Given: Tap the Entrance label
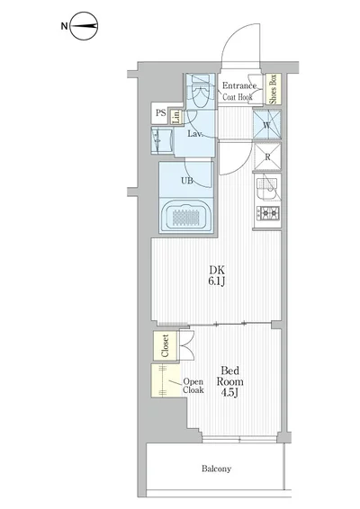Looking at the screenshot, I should [x=239, y=86].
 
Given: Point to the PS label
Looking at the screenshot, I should [x=160, y=113].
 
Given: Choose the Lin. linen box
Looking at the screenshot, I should [x=177, y=116].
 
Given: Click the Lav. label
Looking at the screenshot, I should [x=193, y=134].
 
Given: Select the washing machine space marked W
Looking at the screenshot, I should [x=268, y=125].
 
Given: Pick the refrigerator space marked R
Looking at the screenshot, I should [x=267, y=156].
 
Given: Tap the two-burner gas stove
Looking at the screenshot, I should [x=268, y=213].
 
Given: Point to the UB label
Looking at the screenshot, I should [x=187, y=180].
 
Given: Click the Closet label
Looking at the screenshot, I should [x=166, y=346].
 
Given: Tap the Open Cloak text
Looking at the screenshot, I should [x=193, y=386].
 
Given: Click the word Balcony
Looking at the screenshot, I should [x=216, y=469].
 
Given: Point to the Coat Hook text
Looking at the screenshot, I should [x=239, y=99].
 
